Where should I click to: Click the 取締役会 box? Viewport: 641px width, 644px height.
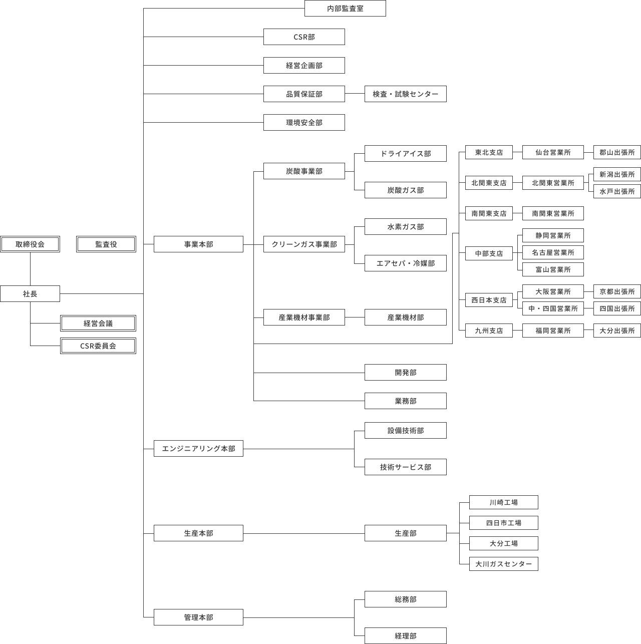30,244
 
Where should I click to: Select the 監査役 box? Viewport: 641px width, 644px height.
106,244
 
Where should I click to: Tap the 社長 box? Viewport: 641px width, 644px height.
30,294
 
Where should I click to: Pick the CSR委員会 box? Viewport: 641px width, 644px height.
98,346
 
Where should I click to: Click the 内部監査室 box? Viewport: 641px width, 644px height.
345,9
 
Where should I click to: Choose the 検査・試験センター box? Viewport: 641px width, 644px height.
405,94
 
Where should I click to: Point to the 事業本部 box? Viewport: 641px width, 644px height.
198,244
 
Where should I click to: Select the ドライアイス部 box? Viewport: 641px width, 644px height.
405,154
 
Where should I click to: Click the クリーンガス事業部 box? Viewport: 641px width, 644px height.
304,244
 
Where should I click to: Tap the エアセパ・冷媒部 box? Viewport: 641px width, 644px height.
405,263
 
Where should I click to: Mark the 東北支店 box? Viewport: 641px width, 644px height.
489,152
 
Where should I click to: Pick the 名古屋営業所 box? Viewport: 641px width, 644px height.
553,252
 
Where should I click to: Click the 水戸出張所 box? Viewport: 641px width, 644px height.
617,191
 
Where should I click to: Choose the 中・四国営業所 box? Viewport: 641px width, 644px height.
553,308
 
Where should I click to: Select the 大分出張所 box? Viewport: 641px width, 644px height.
617,331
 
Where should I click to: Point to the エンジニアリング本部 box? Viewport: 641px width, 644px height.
198,449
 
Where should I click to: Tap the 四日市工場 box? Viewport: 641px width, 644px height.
503,523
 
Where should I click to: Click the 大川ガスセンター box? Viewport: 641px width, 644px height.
503,564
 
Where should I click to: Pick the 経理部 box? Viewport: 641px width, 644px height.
405,636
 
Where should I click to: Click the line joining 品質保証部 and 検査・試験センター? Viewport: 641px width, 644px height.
355,94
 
